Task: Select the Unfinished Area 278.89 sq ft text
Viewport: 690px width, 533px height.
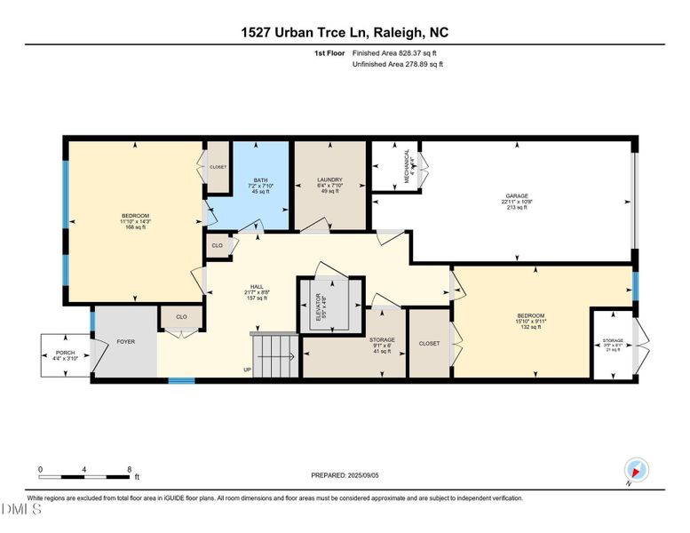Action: point(399,65)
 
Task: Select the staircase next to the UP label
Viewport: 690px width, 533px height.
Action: point(275,355)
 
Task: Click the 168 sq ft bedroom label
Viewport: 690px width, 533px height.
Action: point(136,221)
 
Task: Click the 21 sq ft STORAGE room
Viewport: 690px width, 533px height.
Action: point(613,344)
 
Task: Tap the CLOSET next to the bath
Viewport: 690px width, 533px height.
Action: point(218,167)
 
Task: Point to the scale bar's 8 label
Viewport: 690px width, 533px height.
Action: point(130,469)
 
